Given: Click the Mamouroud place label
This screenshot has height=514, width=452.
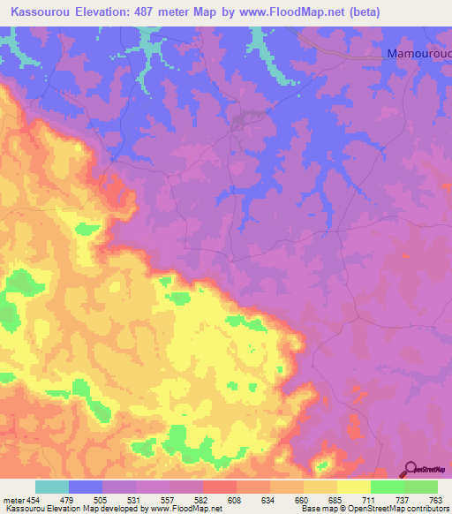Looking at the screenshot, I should click(x=418, y=54).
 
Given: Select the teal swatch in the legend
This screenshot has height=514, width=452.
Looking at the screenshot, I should click(x=52, y=487).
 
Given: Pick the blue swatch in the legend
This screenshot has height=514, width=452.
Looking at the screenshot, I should click(x=86, y=487).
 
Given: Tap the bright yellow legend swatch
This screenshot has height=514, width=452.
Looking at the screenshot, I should click(x=353, y=487).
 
